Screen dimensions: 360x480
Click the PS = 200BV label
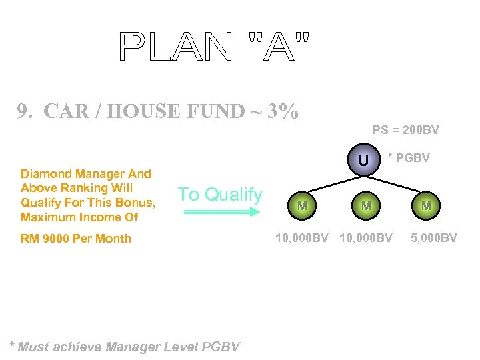(x=405, y=129)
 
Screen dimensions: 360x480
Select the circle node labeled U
(x=363, y=160)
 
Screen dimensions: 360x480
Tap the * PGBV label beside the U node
(x=409, y=158)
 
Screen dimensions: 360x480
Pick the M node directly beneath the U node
(x=366, y=206)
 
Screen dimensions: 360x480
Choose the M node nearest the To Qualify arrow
(x=302, y=206)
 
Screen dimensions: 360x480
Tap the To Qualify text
(x=220, y=194)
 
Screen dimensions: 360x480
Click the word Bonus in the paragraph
(x=137, y=203)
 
